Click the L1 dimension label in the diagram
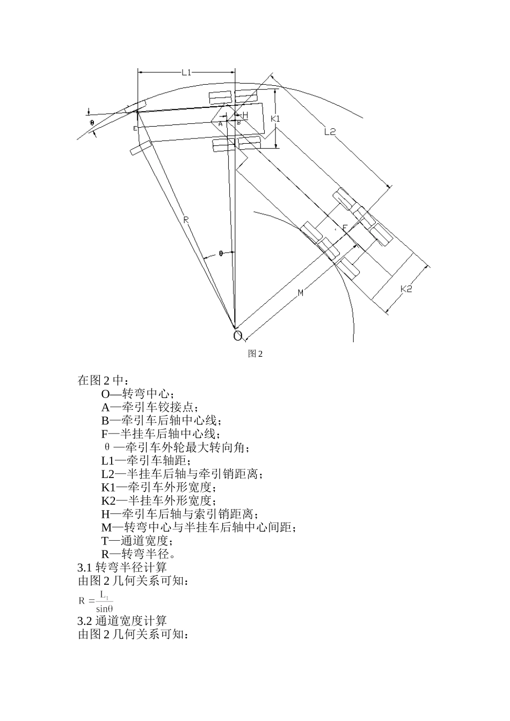click(186, 72)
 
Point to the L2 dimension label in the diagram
click(330, 133)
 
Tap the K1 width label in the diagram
click(275, 119)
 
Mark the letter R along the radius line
click(185, 219)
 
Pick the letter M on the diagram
click(301, 292)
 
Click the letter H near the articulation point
click(245, 115)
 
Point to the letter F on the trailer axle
click(345, 228)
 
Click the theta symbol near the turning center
click(221, 253)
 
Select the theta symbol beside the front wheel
click(92, 122)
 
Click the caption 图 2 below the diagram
click(255, 354)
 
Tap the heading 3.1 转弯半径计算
click(122, 566)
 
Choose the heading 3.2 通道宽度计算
click(122, 621)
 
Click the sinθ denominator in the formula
click(104, 608)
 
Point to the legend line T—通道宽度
click(137, 540)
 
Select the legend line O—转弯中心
click(138, 394)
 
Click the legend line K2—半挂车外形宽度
click(158, 501)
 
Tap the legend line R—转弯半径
click(137, 554)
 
